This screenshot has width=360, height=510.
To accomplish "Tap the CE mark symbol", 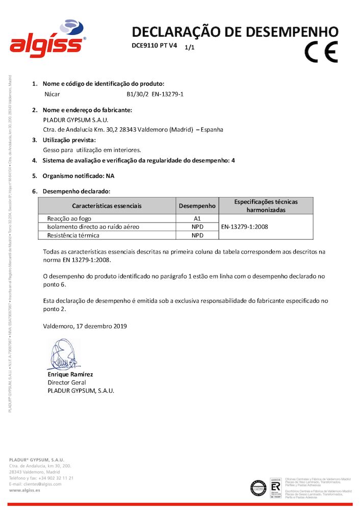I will [321, 51].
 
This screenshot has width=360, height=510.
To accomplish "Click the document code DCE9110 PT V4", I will [155, 46].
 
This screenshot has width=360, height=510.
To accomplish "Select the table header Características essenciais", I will [107, 206].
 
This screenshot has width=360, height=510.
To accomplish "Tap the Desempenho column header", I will [197, 206].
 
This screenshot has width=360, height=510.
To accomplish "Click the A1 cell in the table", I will [197, 218].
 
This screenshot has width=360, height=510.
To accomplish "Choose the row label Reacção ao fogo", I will [69, 218].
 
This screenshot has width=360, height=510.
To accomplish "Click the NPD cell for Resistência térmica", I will [197, 236].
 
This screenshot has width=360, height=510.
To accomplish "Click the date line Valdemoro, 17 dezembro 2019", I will [85, 325].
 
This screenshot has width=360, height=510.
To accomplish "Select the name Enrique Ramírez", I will [70, 374].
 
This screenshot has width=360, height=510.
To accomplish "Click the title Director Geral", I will [67, 382].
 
